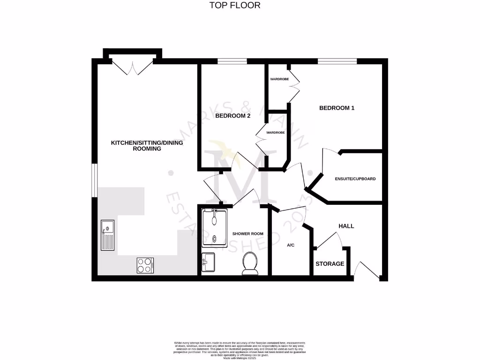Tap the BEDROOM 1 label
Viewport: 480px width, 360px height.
coord(337,108)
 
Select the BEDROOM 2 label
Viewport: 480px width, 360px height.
coord(232,116)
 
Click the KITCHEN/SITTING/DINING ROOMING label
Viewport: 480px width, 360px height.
coord(147,145)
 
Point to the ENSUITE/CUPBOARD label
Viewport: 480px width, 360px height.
coord(355,179)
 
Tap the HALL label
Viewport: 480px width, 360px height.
coord(346,226)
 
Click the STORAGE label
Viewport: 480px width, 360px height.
coord(330,264)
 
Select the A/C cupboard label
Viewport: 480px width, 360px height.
coord(290,245)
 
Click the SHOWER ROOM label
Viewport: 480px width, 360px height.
coord(248,233)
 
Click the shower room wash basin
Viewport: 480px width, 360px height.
coord(208,262)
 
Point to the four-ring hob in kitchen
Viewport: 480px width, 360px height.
coord(145,265)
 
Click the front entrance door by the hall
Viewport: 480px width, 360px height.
coord(367,272)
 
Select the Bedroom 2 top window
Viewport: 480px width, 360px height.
coord(232,61)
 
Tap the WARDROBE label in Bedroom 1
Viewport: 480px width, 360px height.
coord(279,79)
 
